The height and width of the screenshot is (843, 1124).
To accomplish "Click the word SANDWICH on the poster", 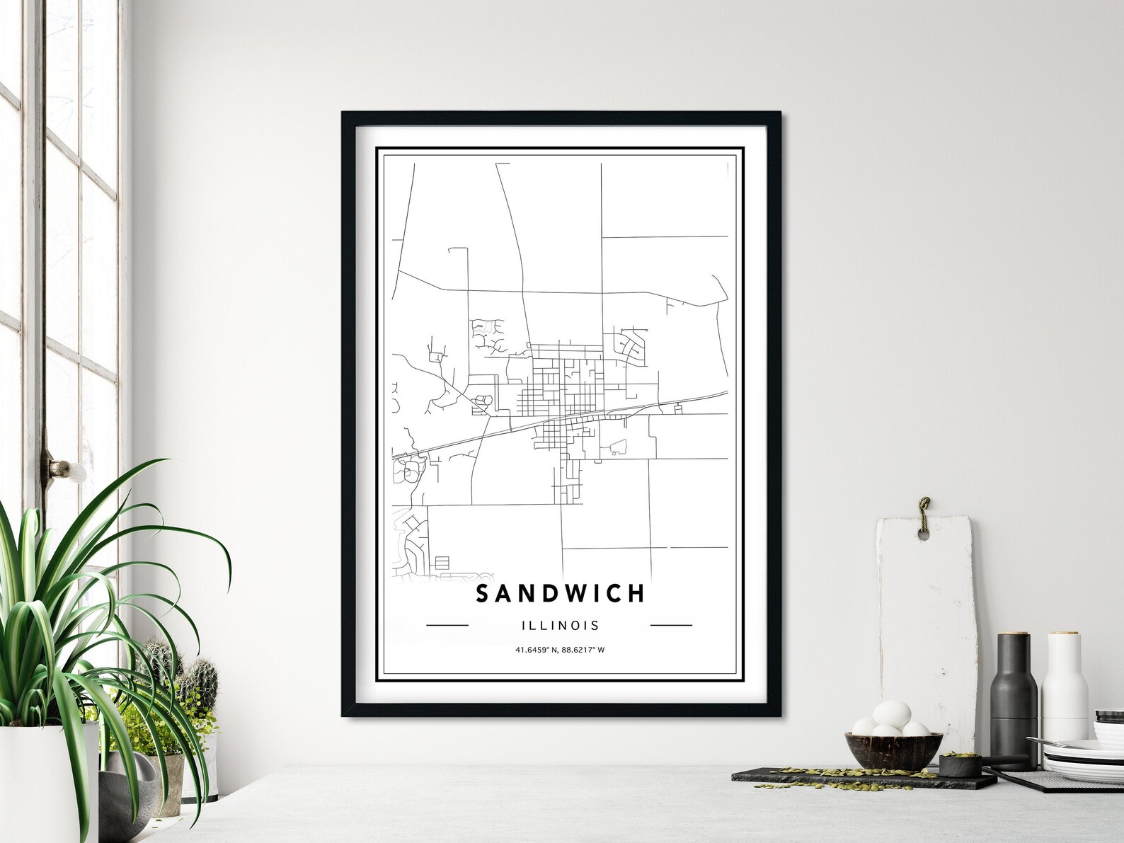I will click(560, 593).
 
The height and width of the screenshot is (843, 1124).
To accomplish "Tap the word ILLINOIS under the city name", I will click(560, 626).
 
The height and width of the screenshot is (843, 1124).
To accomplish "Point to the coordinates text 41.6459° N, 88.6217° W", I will click(560, 650).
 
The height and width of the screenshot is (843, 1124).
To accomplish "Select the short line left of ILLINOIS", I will click(447, 626).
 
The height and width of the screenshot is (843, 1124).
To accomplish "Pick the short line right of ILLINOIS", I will click(670, 626).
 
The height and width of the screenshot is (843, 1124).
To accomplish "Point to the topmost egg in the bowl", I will click(891, 712).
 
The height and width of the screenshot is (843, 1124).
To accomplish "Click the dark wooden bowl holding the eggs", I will click(893, 751).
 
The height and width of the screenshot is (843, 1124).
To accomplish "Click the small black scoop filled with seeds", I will click(959, 764).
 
